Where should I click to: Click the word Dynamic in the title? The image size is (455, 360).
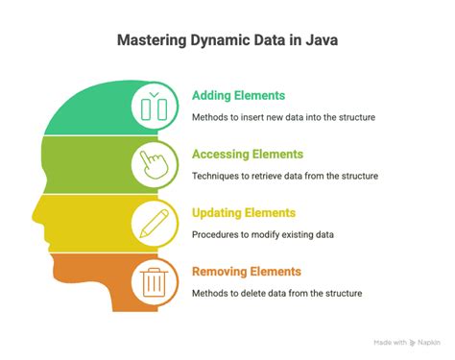[217, 40]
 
